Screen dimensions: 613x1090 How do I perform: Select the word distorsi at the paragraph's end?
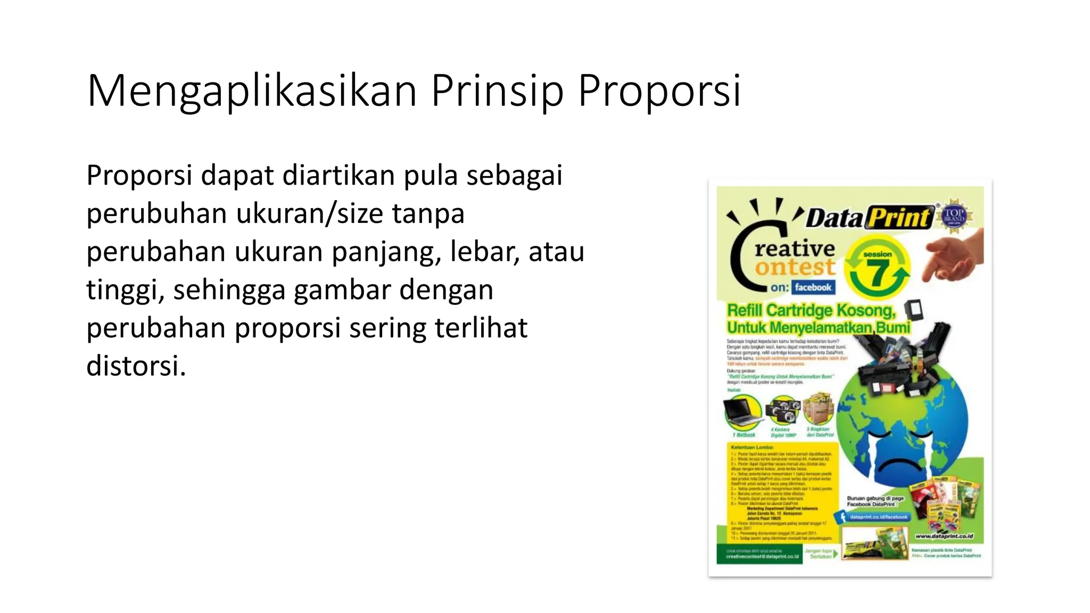click(136, 366)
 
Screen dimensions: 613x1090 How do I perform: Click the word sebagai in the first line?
click(514, 176)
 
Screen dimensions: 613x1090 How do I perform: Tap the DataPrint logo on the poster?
click(870, 218)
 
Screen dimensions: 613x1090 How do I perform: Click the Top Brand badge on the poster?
click(955, 217)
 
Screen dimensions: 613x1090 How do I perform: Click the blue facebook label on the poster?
click(813, 287)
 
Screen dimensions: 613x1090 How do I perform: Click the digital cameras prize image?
click(782, 411)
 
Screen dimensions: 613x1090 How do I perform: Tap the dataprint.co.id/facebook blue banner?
click(878, 517)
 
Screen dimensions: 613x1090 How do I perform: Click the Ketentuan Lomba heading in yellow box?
click(752, 447)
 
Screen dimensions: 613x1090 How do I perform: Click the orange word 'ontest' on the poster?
click(795, 268)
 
